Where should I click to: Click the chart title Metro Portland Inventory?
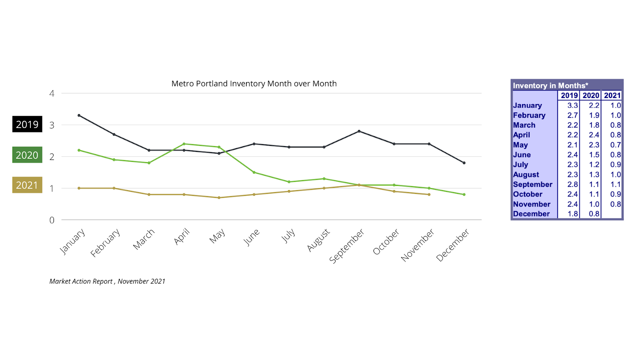[254, 84]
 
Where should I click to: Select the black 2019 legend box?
[27, 124]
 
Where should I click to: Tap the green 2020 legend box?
[27, 155]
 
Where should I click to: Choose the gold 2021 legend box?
[27, 185]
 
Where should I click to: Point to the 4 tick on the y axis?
[52, 94]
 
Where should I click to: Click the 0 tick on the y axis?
[52, 220]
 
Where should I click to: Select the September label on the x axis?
[346, 246]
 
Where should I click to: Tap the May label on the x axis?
[217, 236]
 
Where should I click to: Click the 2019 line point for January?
[79, 116]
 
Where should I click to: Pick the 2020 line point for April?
[184, 144]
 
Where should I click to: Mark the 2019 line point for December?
[464, 163]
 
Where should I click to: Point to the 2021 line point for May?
[219, 198]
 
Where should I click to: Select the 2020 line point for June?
[254, 172]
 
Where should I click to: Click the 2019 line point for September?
[359, 131]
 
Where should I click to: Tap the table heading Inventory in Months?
[550, 86]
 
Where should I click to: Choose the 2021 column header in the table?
[612, 96]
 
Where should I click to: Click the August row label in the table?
[526, 174]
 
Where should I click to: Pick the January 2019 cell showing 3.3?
[572, 106]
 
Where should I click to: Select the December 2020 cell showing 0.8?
[594, 214]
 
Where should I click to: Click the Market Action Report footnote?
[107, 281]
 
